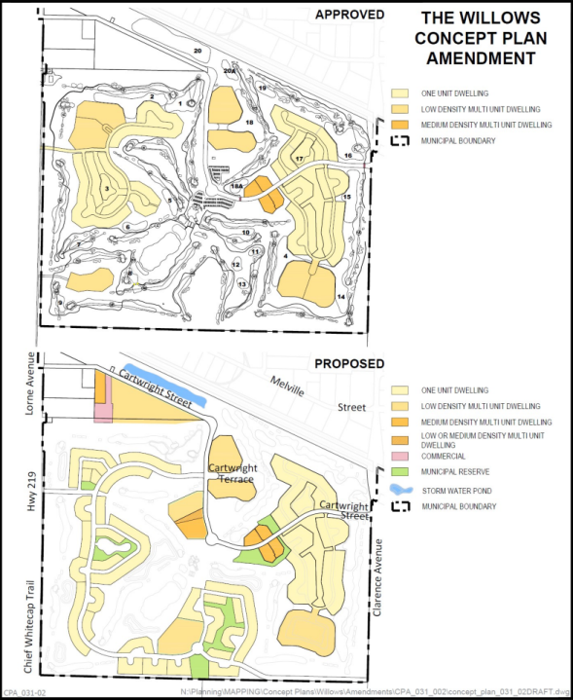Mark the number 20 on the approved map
[x=198, y=50]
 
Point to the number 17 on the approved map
[x=300, y=159]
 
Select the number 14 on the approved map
[x=340, y=295]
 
